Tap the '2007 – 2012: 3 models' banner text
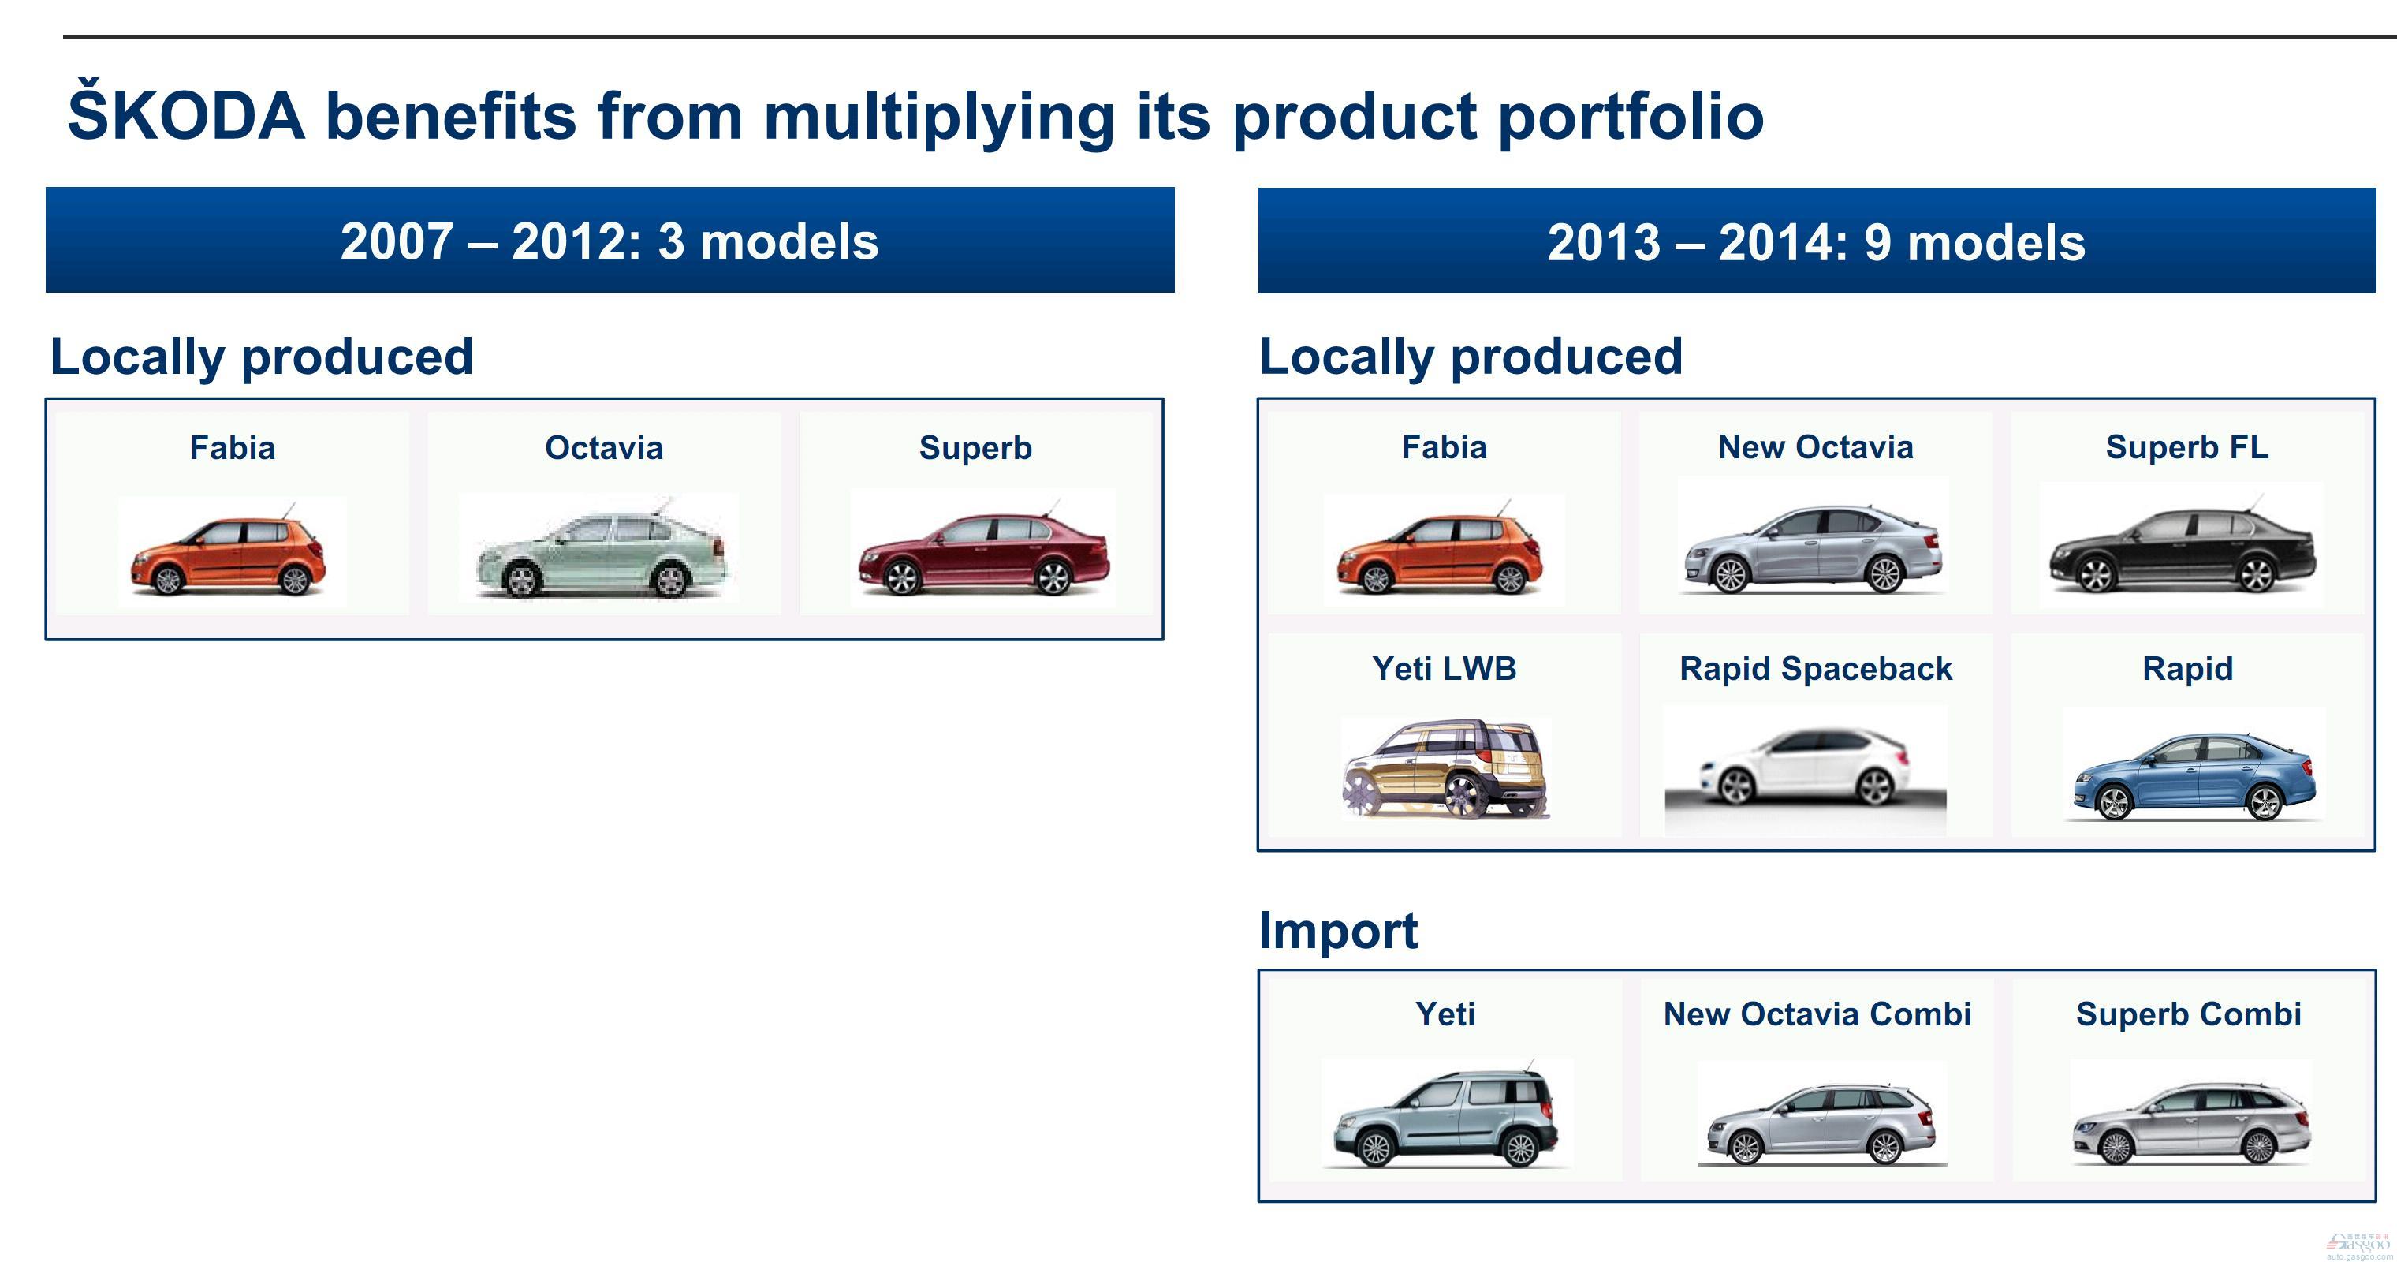610,241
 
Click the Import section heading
1338,930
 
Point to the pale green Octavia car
601,553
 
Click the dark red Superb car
983,553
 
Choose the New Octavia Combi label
1817,1014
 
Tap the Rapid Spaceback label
1815,668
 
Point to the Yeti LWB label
1445,668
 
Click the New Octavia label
1815,446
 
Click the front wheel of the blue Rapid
2113,802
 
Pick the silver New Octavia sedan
1813,549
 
